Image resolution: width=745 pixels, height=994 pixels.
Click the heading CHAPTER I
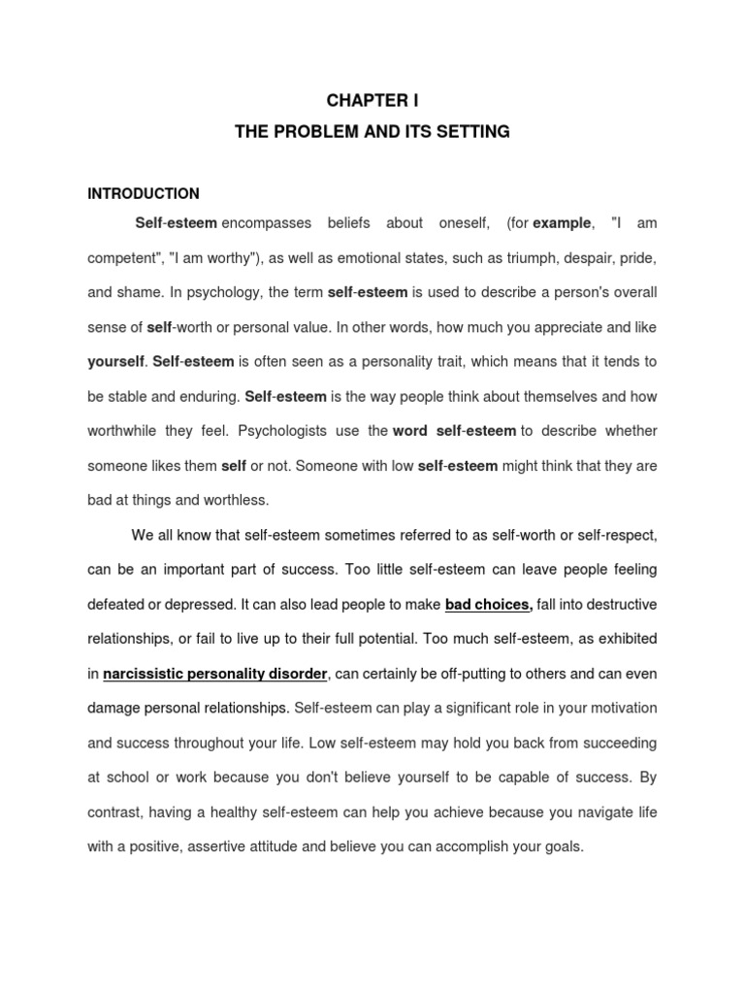coord(372,100)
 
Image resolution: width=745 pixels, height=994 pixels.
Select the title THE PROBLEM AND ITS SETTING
coord(372,131)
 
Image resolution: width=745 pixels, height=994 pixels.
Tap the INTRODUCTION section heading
coord(144,193)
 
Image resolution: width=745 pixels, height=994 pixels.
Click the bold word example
coord(562,223)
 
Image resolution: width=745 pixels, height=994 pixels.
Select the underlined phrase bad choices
coord(488,605)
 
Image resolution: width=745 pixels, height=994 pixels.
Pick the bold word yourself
coord(115,361)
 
